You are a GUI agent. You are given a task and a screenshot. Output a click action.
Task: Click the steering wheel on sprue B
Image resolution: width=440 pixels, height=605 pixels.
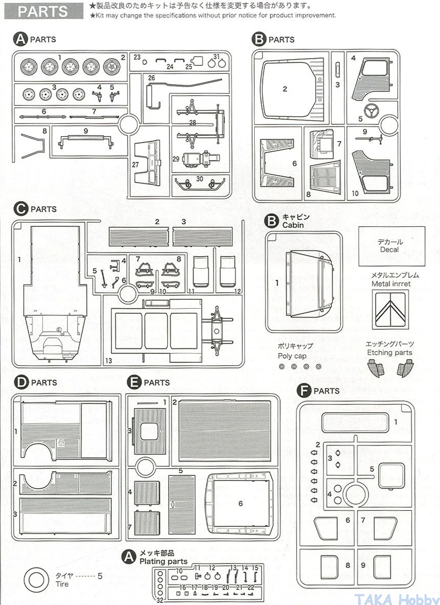point(371,111)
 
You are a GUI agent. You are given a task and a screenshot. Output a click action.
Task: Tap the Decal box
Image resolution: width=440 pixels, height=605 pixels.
point(392,246)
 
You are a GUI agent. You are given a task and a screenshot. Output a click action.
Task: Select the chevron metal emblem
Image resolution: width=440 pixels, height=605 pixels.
point(390,310)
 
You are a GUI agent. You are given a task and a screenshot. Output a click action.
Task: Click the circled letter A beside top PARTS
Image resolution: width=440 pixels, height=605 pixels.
point(21,39)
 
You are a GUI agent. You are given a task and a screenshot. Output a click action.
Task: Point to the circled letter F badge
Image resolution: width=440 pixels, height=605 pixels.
point(305,391)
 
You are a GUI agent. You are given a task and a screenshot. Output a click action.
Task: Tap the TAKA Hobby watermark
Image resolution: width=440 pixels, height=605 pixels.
point(396,598)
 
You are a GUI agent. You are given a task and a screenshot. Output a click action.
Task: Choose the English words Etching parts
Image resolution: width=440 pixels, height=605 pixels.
point(390,352)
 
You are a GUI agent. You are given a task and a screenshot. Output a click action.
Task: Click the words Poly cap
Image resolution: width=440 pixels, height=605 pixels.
point(292,355)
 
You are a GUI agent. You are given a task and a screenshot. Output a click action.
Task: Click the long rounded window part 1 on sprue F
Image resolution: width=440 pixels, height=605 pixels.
point(355,422)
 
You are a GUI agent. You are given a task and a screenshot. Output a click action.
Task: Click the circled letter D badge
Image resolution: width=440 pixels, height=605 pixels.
point(21,382)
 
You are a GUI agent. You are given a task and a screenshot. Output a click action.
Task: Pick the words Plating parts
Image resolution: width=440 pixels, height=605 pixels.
point(163,561)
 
